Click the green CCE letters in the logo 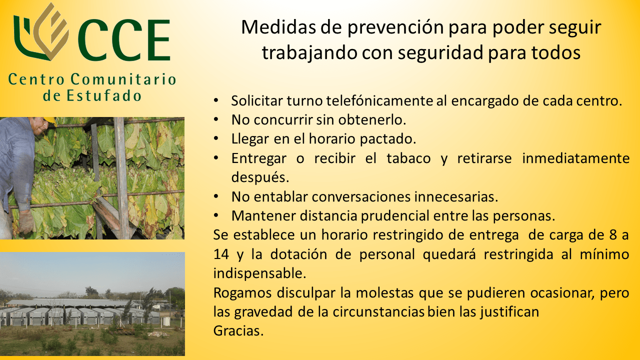pyautogui.click(x=124, y=40)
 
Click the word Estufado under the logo pyautogui.click(x=104, y=95)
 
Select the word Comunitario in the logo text pyautogui.click(x=123, y=79)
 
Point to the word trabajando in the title pyautogui.click(x=309, y=53)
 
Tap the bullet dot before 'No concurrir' pyautogui.click(x=216, y=119)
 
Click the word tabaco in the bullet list pyautogui.click(x=408, y=158)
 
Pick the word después pyautogui.click(x=260, y=177)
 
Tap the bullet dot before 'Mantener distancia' pyautogui.click(x=216, y=215)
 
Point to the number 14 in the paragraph pyautogui.click(x=221, y=254)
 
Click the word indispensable pyautogui.click(x=259, y=273)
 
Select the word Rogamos pyautogui.click(x=242, y=293)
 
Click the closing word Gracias pyautogui.click(x=238, y=331)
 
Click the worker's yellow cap pyautogui.click(x=50, y=119)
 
